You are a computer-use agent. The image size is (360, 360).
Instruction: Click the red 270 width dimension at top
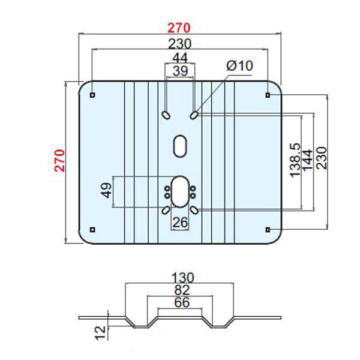point(179,28)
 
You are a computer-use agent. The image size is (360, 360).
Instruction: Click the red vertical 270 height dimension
point(59,160)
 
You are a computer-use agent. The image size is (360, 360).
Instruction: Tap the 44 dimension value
point(179,58)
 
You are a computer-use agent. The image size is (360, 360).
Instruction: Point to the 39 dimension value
point(179,71)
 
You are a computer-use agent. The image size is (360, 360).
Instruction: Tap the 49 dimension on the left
point(106,191)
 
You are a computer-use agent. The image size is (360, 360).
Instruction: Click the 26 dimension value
point(181,222)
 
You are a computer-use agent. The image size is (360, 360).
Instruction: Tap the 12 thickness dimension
point(100,329)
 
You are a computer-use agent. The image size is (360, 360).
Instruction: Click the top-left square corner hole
point(92,95)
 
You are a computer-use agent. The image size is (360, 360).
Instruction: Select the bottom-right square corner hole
point(268,229)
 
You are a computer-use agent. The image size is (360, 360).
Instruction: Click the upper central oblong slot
point(180,146)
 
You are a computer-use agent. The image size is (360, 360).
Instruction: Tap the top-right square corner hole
point(268,95)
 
